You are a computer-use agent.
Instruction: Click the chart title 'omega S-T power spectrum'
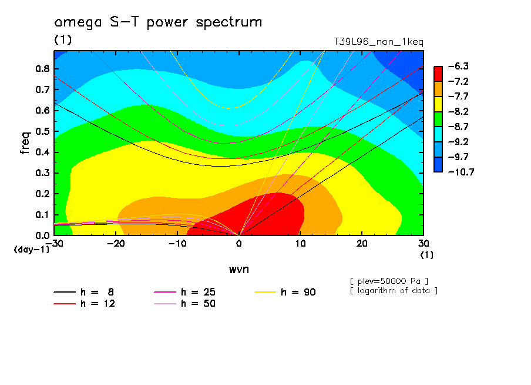158,23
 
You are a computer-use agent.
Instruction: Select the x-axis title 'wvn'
238,269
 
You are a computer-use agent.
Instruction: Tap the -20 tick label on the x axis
116,244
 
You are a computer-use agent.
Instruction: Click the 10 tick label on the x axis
300,244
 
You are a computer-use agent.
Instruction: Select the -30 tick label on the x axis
54,244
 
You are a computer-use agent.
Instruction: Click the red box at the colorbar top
438,73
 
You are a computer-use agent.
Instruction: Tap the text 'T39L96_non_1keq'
378,42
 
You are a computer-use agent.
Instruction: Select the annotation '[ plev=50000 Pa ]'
388,280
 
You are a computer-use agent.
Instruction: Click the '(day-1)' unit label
32,249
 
